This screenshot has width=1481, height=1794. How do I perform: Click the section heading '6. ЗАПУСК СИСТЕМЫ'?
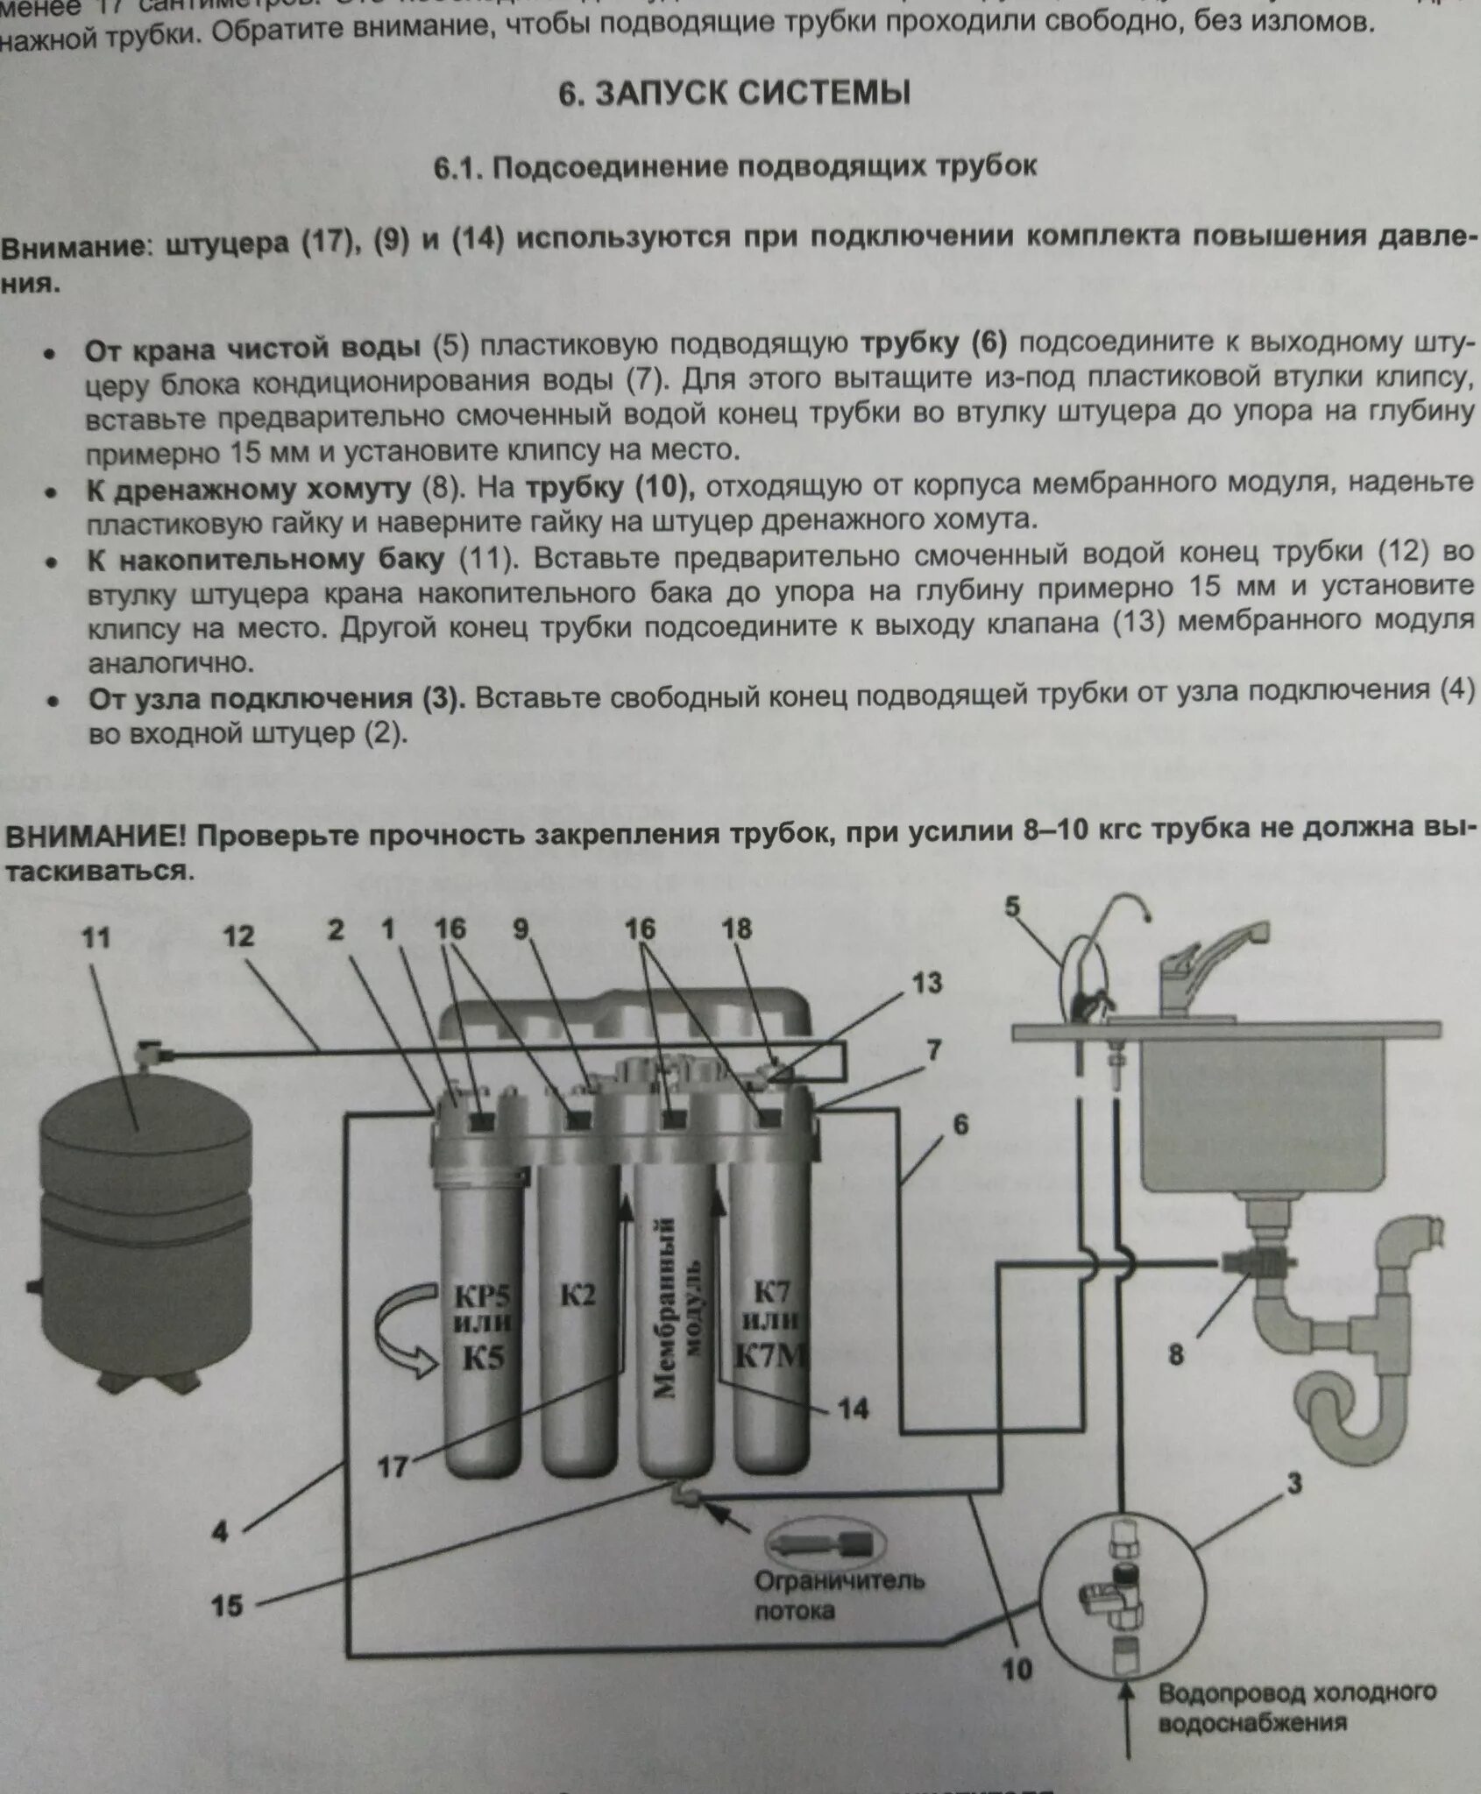(x=734, y=93)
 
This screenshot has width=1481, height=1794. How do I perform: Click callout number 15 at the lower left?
(x=227, y=1606)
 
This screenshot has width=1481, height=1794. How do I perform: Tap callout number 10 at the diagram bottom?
(x=1017, y=1670)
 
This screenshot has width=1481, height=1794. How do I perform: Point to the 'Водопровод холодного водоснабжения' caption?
(x=1296, y=1706)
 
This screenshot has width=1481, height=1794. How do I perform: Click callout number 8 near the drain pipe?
(x=1175, y=1355)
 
